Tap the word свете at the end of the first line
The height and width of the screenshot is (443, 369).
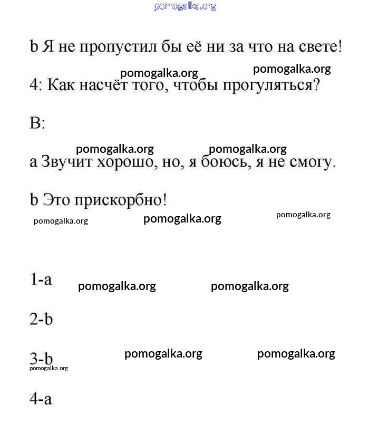coord(316,47)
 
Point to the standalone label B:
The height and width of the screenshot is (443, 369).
coord(37,123)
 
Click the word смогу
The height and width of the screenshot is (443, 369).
coord(312,162)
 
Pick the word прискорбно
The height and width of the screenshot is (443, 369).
coord(121,200)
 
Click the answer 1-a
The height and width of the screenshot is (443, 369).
coord(41,280)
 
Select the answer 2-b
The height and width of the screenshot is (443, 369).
coord(41,319)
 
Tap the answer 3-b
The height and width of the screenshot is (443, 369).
coord(41,359)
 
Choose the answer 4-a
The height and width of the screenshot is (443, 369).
coord(41,399)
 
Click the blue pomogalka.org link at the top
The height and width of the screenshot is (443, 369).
coord(185,6)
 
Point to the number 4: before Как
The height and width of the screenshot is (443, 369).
coord(36,85)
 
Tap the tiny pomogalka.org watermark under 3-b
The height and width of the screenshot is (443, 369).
coord(48,368)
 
